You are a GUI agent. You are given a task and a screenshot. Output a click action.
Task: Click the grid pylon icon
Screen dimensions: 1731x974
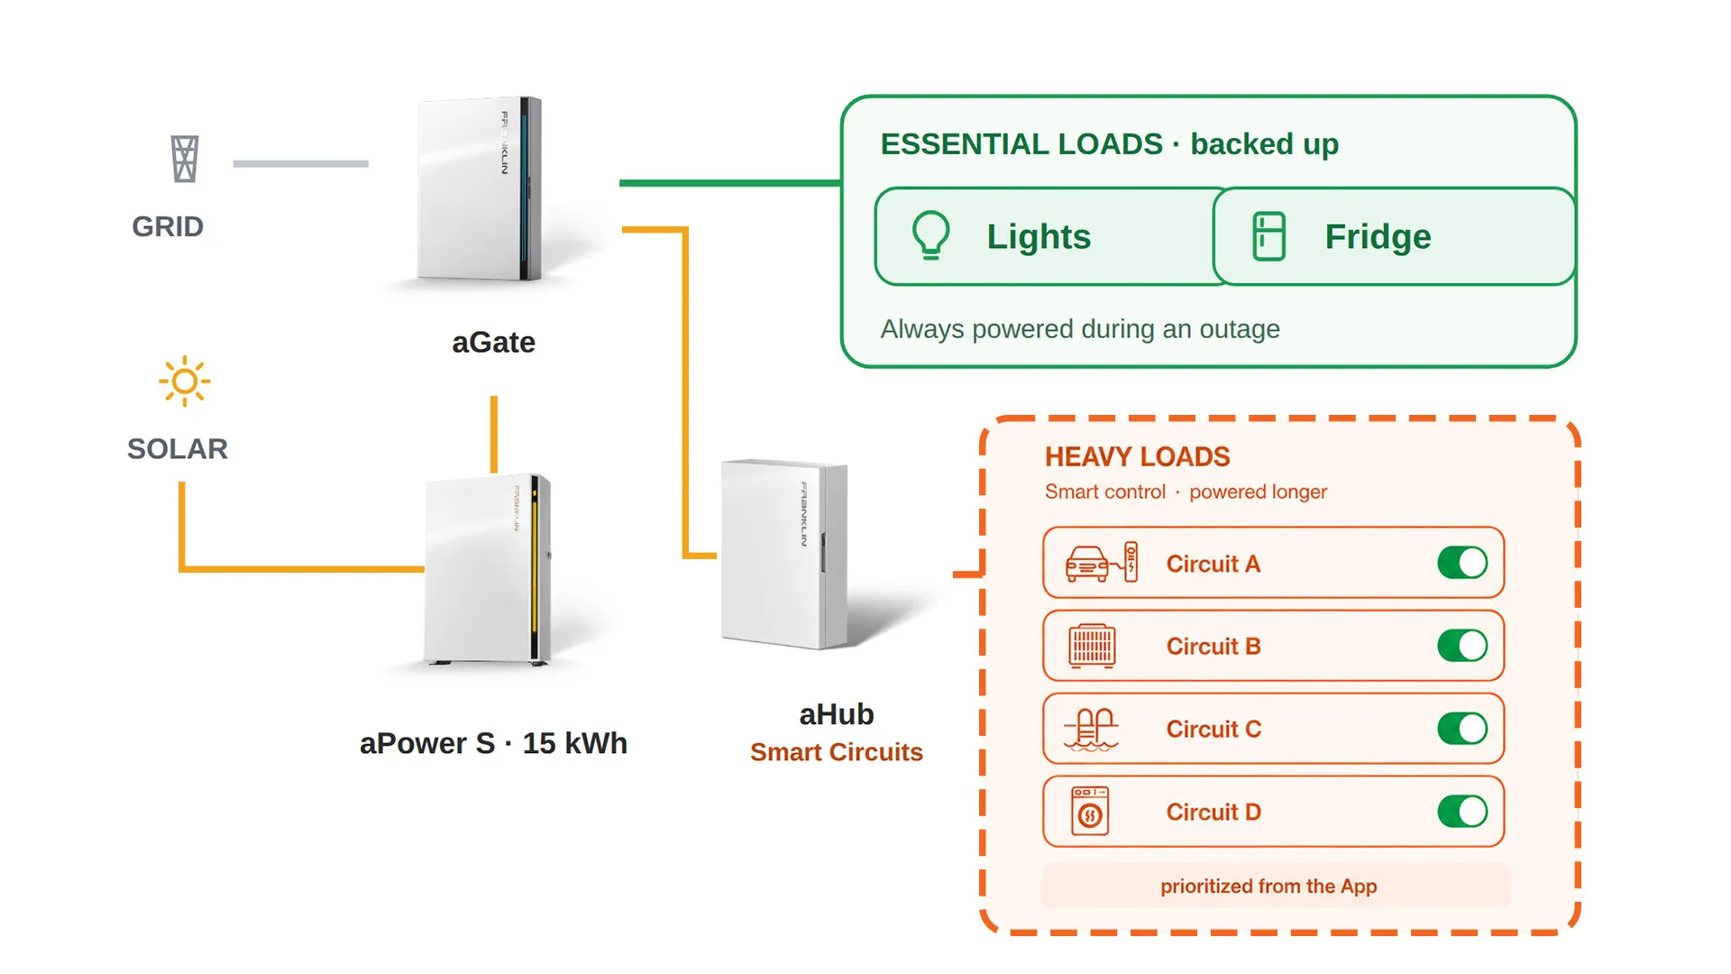pyautogui.click(x=185, y=159)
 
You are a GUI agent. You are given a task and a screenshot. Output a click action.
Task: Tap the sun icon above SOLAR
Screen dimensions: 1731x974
pyautogui.click(x=185, y=381)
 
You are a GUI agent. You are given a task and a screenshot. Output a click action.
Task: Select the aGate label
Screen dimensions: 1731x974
pyautogui.click(x=493, y=343)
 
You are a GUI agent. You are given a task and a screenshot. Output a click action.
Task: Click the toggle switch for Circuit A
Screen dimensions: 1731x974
pyautogui.click(x=1462, y=563)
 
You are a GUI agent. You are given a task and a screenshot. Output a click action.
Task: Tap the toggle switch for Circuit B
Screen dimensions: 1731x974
pyautogui.click(x=1462, y=646)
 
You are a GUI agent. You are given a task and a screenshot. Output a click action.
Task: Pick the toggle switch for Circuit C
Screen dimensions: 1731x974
pyautogui.click(x=1462, y=729)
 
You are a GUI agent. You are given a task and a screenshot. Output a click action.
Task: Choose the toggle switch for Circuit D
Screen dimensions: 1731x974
pyautogui.click(x=1462, y=812)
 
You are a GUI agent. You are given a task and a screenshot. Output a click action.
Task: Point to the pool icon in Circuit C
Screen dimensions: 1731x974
pyautogui.click(x=1091, y=729)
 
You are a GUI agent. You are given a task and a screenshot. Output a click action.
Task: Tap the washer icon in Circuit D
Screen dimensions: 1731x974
pyautogui.click(x=1090, y=811)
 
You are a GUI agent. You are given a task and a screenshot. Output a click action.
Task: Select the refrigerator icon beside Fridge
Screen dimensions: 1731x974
pyautogui.click(x=1268, y=236)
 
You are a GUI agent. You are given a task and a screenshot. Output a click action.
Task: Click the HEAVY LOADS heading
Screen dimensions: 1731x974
pyautogui.click(x=1137, y=457)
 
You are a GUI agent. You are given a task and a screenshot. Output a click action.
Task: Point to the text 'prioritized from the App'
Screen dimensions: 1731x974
pyautogui.click(x=1268, y=887)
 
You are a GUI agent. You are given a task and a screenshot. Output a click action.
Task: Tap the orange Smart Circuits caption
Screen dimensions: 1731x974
pyautogui.click(x=837, y=752)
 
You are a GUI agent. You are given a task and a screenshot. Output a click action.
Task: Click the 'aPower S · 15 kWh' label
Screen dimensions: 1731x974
pyautogui.click(x=493, y=743)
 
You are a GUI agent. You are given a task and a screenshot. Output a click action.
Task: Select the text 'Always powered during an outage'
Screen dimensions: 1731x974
pyautogui.click(x=1080, y=329)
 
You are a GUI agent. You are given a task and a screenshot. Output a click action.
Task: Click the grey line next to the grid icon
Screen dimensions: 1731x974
pyautogui.click(x=300, y=163)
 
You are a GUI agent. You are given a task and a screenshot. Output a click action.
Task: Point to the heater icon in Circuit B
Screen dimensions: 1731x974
pyautogui.click(x=1092, y=646)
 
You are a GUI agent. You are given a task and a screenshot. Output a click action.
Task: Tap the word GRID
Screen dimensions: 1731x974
pyautogui.click(x=168, y=226)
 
